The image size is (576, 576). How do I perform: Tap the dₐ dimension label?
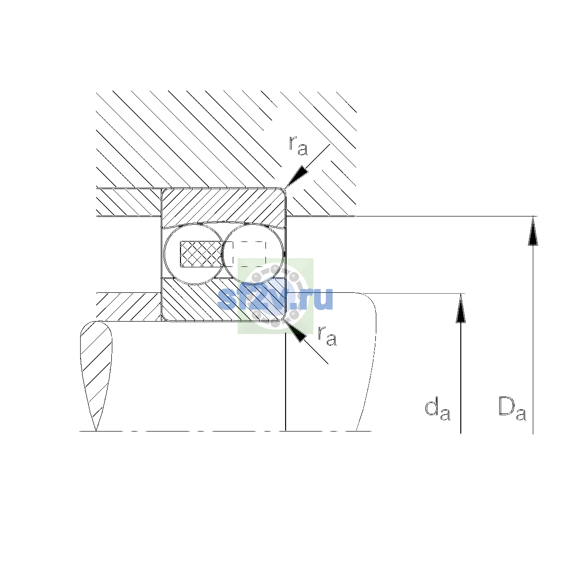pyautogui.click(x=437, y=409)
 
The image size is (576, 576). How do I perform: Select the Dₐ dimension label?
pyautogui.click(x=512, y=408)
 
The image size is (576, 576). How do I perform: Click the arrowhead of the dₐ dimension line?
pyautogui.click(x=461, y=308)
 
